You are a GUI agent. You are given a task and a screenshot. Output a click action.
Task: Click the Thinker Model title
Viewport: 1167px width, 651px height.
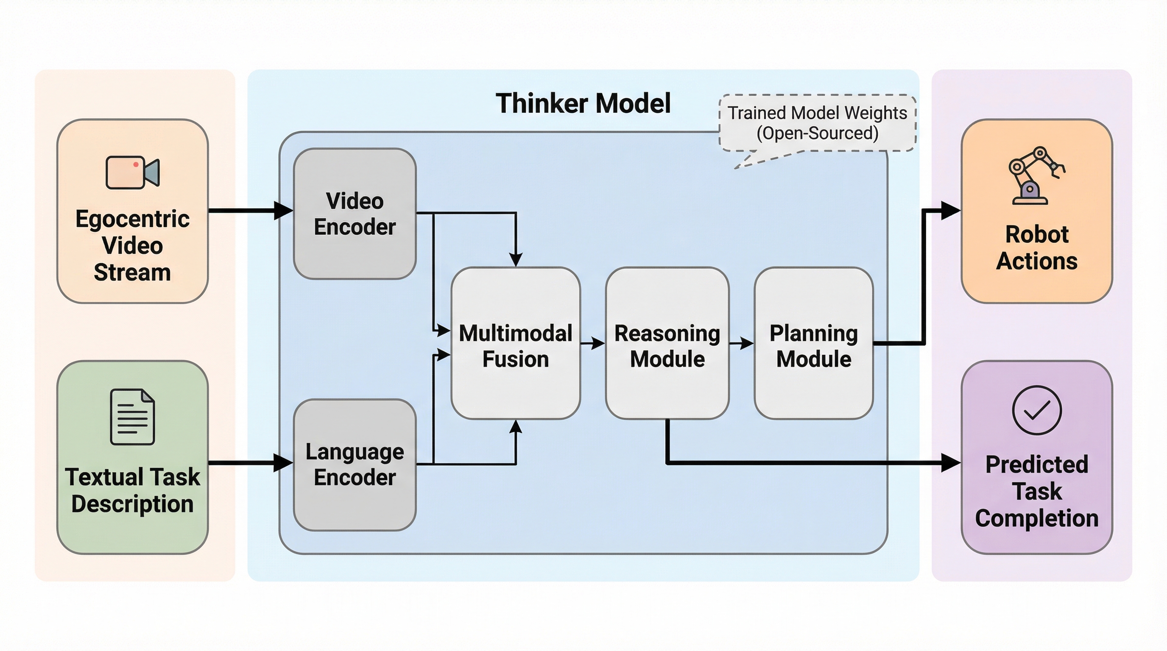tap(583, 103)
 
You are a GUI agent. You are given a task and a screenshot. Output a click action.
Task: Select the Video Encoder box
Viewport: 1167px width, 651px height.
tap(355, 214)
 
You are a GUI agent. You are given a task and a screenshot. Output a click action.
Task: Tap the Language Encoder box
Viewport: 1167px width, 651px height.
tap(355, 465)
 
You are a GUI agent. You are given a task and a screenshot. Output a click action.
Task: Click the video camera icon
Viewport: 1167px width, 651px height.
tap(132, 172)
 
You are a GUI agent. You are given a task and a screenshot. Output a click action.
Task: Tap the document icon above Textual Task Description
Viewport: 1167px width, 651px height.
tap(132, 417)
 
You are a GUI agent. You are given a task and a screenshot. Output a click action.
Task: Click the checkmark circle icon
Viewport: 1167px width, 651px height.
tap(1036, 410)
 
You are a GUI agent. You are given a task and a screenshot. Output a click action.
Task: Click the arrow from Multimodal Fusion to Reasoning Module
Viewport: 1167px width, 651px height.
tap(592, 344)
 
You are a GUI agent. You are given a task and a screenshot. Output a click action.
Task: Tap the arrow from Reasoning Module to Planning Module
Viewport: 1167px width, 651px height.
tap(742, 344)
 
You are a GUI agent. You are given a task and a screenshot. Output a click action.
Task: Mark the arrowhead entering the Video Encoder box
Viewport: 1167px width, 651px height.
tap(284, 211)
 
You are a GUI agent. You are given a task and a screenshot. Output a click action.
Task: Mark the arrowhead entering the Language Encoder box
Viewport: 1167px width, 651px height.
tap(284, 463)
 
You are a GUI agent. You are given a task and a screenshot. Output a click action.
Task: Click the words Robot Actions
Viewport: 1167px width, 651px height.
tap(1036, 248)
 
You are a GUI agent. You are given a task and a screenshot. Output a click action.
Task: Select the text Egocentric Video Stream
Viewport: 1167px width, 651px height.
tap(132, 246)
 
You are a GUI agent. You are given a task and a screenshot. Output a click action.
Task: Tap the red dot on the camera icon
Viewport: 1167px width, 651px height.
tap(135, 165)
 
